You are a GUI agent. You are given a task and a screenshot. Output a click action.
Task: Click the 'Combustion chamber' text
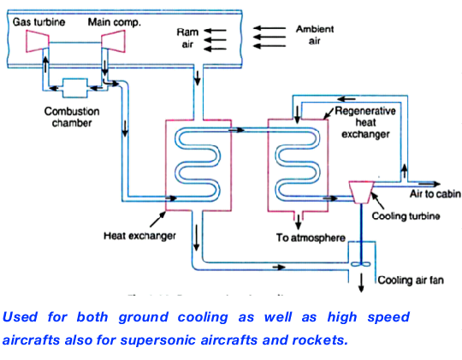(73, 117)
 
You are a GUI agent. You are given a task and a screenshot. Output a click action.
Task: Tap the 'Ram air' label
(187, 38)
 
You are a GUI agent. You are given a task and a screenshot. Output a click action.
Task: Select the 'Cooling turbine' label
(406, 216)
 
